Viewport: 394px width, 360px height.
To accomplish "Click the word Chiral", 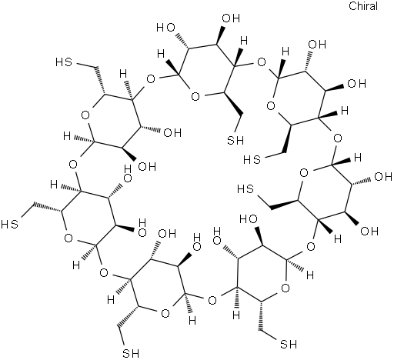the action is coord(363,6).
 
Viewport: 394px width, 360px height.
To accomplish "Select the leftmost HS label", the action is coord(9,225).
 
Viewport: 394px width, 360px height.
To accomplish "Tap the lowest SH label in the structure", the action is coord(131,353).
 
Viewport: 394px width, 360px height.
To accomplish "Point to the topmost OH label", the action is coord(231,18).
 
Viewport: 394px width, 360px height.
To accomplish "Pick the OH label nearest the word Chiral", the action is coord(317,45).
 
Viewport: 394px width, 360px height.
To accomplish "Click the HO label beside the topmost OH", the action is coord(165,28).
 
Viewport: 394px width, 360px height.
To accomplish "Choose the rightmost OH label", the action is coord(383,177).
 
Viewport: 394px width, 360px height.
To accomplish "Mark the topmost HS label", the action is coord(64,62).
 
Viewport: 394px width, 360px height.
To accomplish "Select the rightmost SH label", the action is coord(289,345).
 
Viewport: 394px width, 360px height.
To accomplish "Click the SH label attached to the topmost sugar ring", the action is coord(235,140).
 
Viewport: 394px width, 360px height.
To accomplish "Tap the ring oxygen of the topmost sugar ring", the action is coord(195,97).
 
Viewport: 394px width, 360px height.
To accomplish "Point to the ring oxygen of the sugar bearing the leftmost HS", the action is coord(68,238).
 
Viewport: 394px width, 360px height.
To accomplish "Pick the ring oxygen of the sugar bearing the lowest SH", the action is coord(165,313).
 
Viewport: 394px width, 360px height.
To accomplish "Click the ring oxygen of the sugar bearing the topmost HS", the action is coord(85,115).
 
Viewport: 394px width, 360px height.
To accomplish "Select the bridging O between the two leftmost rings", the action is coord(73,164).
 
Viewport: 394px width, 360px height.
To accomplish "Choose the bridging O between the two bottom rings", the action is coord(212,299).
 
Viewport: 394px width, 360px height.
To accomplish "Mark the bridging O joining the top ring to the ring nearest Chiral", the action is coord(262,62).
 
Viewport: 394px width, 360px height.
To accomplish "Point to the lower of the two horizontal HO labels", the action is coord(249,219).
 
